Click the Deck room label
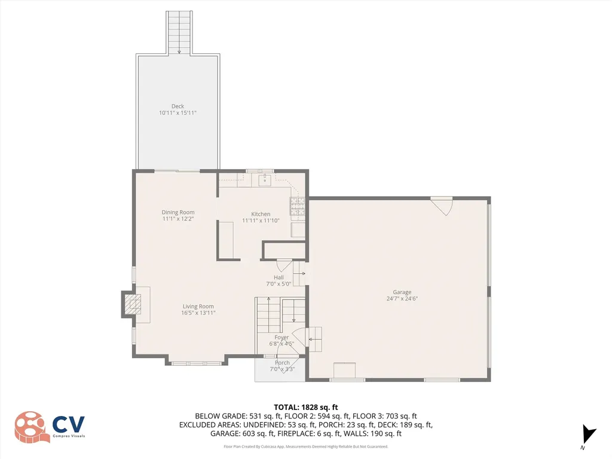(x=178, y=106)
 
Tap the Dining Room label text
(x=178, y=212)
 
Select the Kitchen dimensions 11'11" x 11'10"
(x=261, y=221)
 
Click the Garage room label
(x=402, y=292)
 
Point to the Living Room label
(x=198, y=307)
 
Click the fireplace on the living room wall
(x=131, y=304)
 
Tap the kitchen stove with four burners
(x=298, y=206)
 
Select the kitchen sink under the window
(x=265, y=179)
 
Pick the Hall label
(x=279, y=277)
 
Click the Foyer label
(x=281, y=338)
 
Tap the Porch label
(x=282, y=363)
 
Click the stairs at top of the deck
(x=179, y=32)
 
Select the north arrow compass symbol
(x=589, y=434)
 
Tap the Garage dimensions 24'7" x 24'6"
(x=402, y=299)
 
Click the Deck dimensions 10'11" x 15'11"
(x=178, y=113)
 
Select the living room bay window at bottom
(x=197, y=363)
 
